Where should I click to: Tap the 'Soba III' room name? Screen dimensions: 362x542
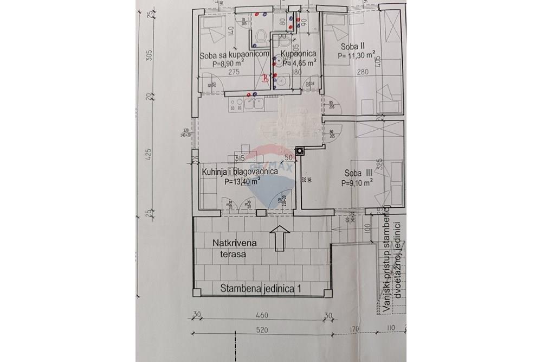(x=358, y=174)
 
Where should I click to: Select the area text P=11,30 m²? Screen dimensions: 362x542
(x=357, y=55)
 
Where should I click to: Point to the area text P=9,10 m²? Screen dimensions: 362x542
(x=357, y=183)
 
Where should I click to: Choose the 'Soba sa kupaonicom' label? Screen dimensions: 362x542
(x=234, y=55)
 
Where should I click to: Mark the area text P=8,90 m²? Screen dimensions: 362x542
(x=228, y=63)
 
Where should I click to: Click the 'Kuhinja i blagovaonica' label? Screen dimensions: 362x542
(x=240, y=172)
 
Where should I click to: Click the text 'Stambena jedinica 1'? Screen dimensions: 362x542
(x=261, y=289)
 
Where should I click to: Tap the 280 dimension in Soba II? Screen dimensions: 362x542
(x=362, y=72)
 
